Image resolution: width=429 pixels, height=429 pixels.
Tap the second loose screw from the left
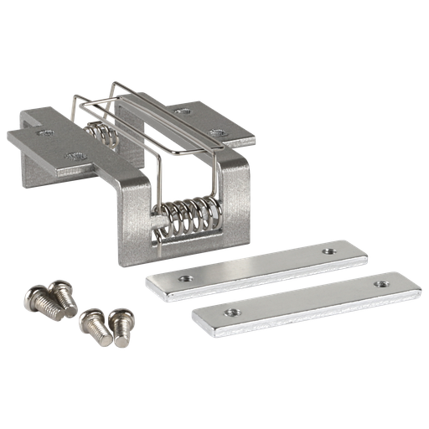pyautogui.click(x=60, y=293)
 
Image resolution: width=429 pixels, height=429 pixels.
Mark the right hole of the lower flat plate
pyautogui.click(x=382, y=283)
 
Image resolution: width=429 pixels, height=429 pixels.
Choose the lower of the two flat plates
pyautogui.click(x=306, y=299)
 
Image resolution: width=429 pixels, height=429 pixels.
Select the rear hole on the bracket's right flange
pyautogui.click(x=181, y=109)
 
